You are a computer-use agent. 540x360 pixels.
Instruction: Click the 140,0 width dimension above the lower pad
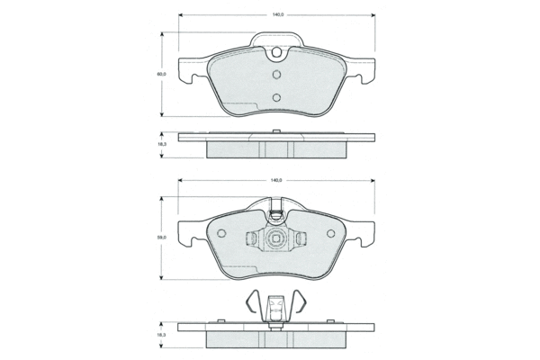click(x=276, y=180)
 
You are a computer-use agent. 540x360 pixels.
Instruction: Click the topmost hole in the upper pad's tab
click(x=276, y=53)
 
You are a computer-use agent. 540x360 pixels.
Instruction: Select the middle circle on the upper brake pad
click(x=276, y=75)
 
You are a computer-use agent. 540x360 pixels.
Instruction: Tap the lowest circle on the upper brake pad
click(x=276, y=97)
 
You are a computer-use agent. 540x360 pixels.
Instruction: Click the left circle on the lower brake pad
click(x=221, y=234)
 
